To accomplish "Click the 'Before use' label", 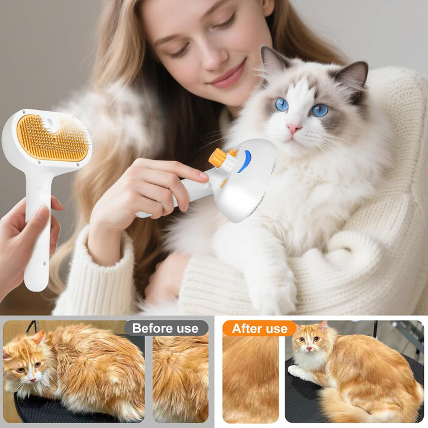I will pyautogui.click(x=165, y=328).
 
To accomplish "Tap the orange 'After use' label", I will pyautogui.click(x=260, y=328).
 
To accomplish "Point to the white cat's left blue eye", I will pyautogui.click(x=281, y=105).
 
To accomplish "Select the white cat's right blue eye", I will pyautogui.click(x=320, y=110).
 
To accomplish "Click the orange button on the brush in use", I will pyautogui.click(x=218, y=158).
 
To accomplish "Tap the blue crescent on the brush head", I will pyautogui.click(x=244, y=161).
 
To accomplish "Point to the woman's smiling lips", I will pyautogui.click(x=228, y=77).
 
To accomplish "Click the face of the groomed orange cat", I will pyautogui.click(x=308, y=348).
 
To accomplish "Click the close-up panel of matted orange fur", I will pyautogui.click(x=180, y=377).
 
